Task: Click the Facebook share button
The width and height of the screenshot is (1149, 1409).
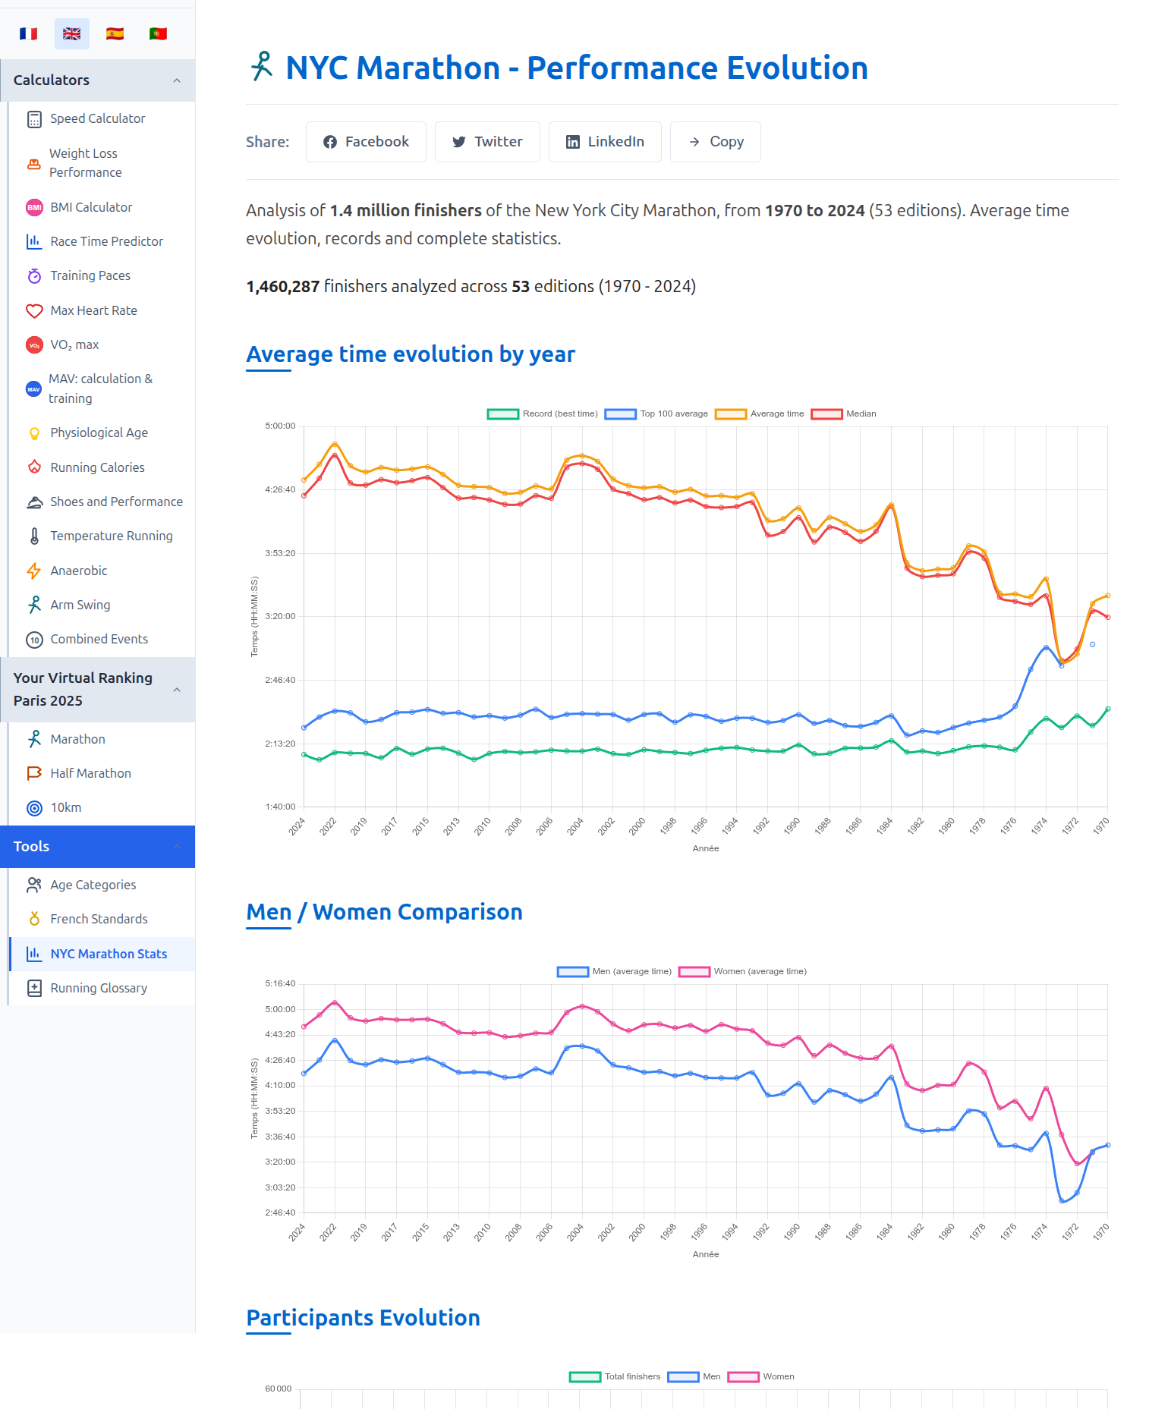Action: (366, 142)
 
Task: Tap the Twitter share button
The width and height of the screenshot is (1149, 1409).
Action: (487, 142)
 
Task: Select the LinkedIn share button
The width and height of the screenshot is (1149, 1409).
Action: (605, 142)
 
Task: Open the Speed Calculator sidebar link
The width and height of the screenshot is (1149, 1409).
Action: (97, 118)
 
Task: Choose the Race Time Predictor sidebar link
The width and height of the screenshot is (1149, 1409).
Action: (106, 241)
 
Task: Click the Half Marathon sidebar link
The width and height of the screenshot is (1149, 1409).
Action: (90, 773)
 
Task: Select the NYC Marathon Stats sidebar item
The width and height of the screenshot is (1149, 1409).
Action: (109, 954)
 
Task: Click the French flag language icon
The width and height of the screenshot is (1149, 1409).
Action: (29, 33)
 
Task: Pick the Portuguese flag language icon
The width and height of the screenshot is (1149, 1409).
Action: (158, 33)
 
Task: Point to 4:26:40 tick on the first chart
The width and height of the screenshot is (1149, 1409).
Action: (280, 489)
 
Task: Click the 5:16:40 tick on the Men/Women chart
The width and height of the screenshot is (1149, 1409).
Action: (280, 983)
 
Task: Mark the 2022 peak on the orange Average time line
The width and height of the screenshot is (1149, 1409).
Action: (335, 444)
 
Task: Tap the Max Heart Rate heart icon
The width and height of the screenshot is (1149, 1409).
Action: (34, 310)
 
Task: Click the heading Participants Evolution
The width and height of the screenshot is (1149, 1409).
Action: (363, 1318)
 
